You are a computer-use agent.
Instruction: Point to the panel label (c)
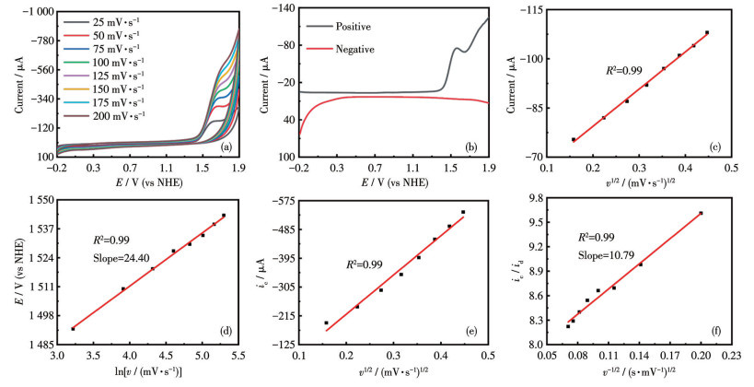click(x=714, y=147)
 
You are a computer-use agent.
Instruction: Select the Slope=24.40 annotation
click(x=120, y=258)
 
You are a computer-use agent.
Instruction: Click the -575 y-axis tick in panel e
click(x=280, y=200)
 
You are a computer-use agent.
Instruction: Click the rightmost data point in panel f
click(x=701, y=213)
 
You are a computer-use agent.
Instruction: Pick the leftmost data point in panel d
click(x=73, y=329)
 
